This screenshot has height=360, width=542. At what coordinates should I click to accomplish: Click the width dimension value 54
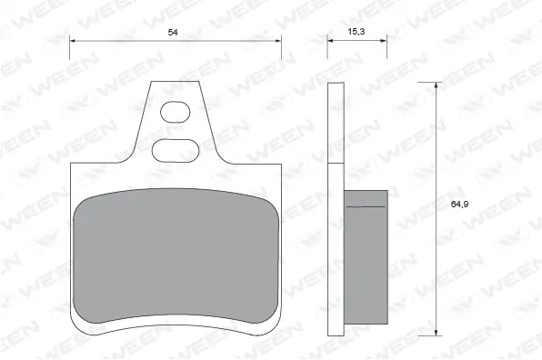point(173,32)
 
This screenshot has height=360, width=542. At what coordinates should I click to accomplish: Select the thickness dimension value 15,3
point(356,32)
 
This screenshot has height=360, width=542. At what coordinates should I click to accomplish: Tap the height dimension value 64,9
point(459,205)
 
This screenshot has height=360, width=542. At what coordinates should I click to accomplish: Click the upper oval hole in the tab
point(176,112)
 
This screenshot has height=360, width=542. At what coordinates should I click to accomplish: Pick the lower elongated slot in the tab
point(176,150)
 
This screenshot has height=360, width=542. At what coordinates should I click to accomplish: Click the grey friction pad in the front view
point(176,255)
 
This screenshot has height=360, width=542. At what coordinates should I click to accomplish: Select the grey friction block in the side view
point(366,257)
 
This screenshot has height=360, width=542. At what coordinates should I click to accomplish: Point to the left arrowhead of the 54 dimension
point(73,41)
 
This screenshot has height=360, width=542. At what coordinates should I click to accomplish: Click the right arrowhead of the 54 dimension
point(278,41)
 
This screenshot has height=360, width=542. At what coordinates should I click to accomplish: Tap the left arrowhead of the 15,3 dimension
point(330,40)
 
